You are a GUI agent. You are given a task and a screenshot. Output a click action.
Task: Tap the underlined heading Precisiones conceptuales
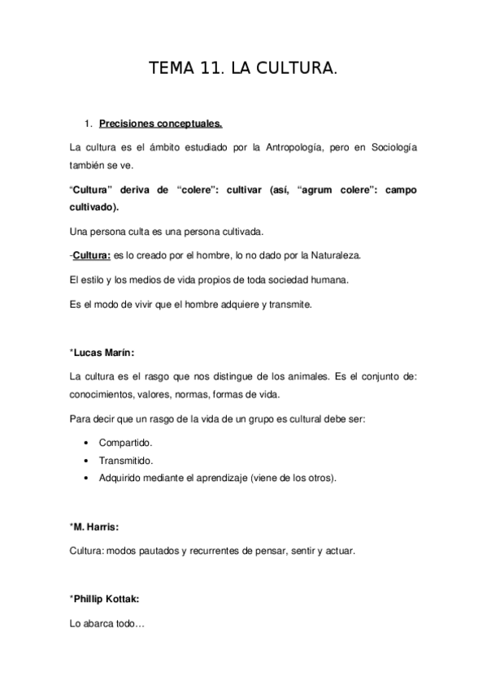pyautogui.click(x=161, y=125)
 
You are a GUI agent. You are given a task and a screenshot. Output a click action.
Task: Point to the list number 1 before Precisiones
pyautogui.click(x=88, y=125)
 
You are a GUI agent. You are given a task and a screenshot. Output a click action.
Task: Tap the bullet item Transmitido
pyautogui.click(x=126, y=460)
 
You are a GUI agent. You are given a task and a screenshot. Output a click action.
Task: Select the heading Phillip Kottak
pyautogui.click(x=106, y=599)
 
